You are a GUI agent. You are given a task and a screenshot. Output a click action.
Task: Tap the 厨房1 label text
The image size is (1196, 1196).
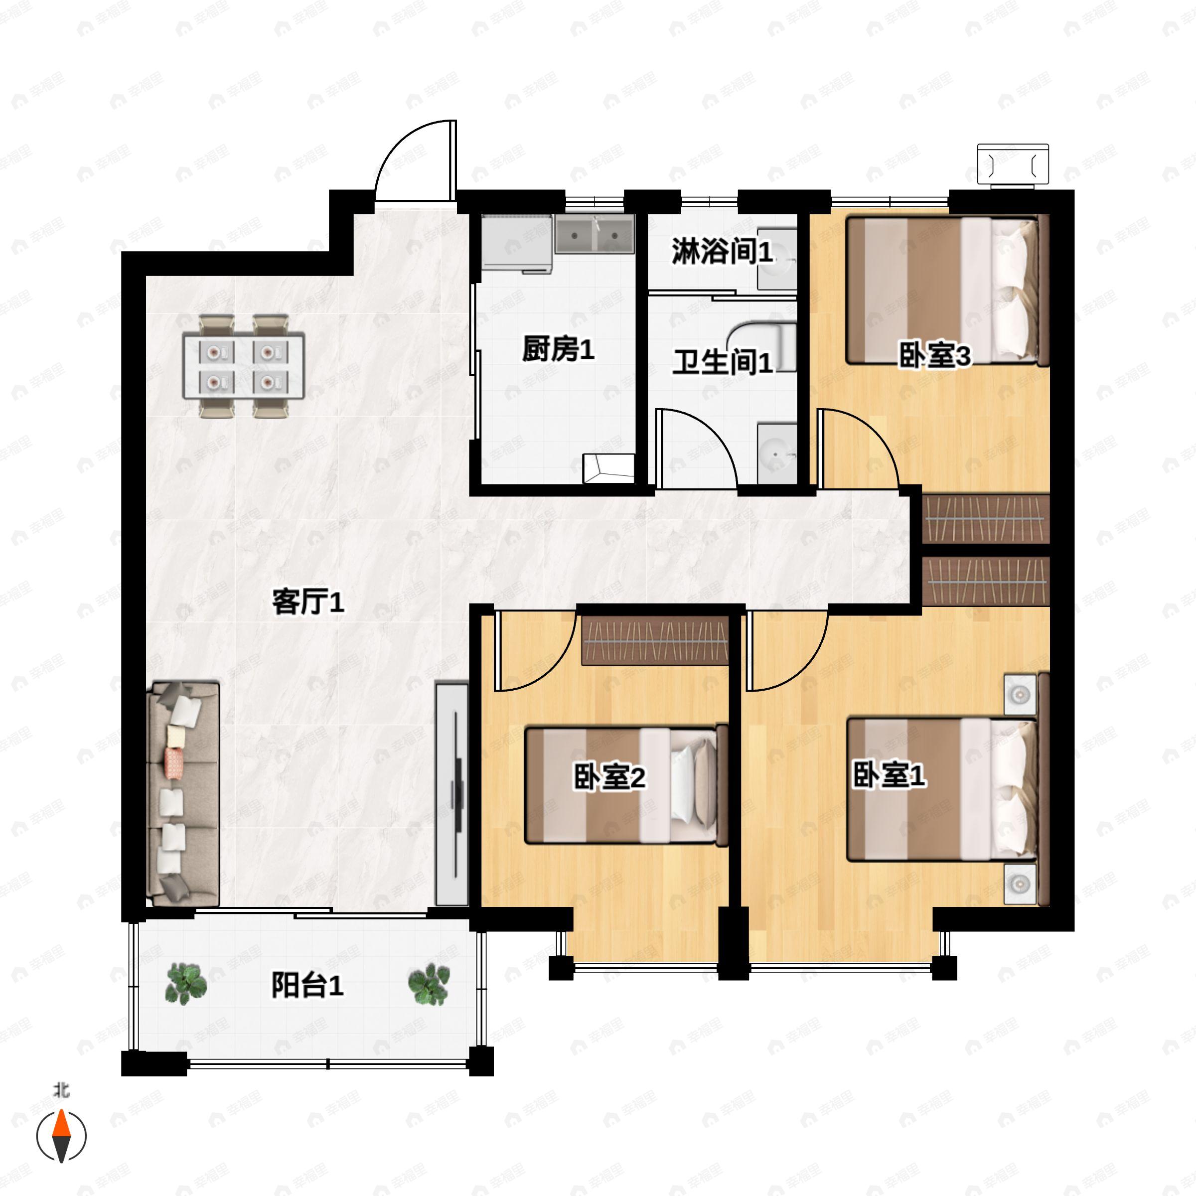click(x=558, y=350)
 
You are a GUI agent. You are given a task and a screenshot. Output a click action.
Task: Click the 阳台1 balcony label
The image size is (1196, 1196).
click(x=307, y=986)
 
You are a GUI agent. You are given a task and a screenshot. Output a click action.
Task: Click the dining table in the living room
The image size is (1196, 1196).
click(x=243, y=366)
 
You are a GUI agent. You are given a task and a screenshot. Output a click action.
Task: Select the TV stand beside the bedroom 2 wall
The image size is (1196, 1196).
click(x=451, y=794)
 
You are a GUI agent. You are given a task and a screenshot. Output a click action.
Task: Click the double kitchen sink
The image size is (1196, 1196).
click(x=595, y=235)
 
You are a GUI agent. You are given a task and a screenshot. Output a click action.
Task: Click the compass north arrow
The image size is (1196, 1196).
click(x=61, y=1135)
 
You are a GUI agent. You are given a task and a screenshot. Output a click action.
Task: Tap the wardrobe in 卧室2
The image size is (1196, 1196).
click(x=655, y=640)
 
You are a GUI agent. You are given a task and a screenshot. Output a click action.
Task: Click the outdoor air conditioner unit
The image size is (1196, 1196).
click(x=1013, y=164)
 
